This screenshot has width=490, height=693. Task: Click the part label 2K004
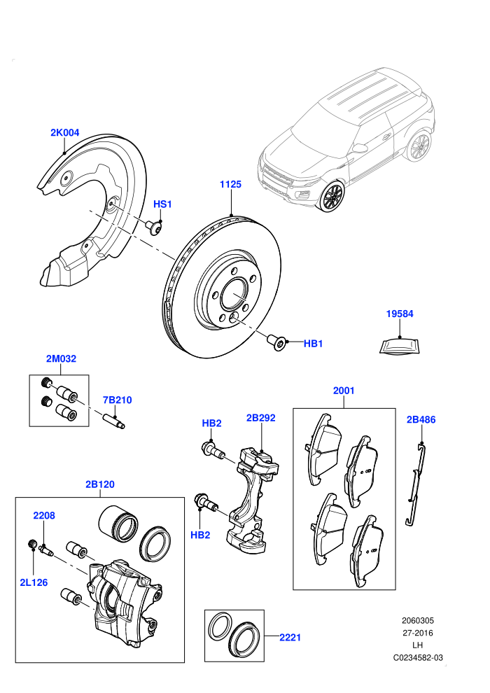[64, 132]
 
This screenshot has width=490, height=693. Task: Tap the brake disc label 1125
[230, 184]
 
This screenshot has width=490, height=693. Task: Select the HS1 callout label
[162, 204]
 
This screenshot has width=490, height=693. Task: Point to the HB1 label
[314, 344]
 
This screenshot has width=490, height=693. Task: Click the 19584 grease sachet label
[400, 314]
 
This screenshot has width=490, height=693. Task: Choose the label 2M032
[61, 358]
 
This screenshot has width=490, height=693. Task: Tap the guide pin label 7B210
[117, 400]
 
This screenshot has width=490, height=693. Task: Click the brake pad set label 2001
[344, 391]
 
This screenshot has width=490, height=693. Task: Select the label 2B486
[421, 419]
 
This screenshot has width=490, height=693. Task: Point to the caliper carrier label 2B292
[260, 418]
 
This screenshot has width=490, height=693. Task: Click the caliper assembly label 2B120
[100, 484]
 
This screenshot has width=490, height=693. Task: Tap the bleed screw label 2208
[44, 515]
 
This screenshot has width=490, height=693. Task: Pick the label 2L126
[34, 582]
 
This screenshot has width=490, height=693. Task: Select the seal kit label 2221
[290, 637]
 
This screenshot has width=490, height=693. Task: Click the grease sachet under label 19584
[400, 346]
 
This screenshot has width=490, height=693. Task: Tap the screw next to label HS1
[153, 228]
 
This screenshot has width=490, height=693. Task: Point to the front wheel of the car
[332, 197]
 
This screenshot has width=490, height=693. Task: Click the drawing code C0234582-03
[418, 657]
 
